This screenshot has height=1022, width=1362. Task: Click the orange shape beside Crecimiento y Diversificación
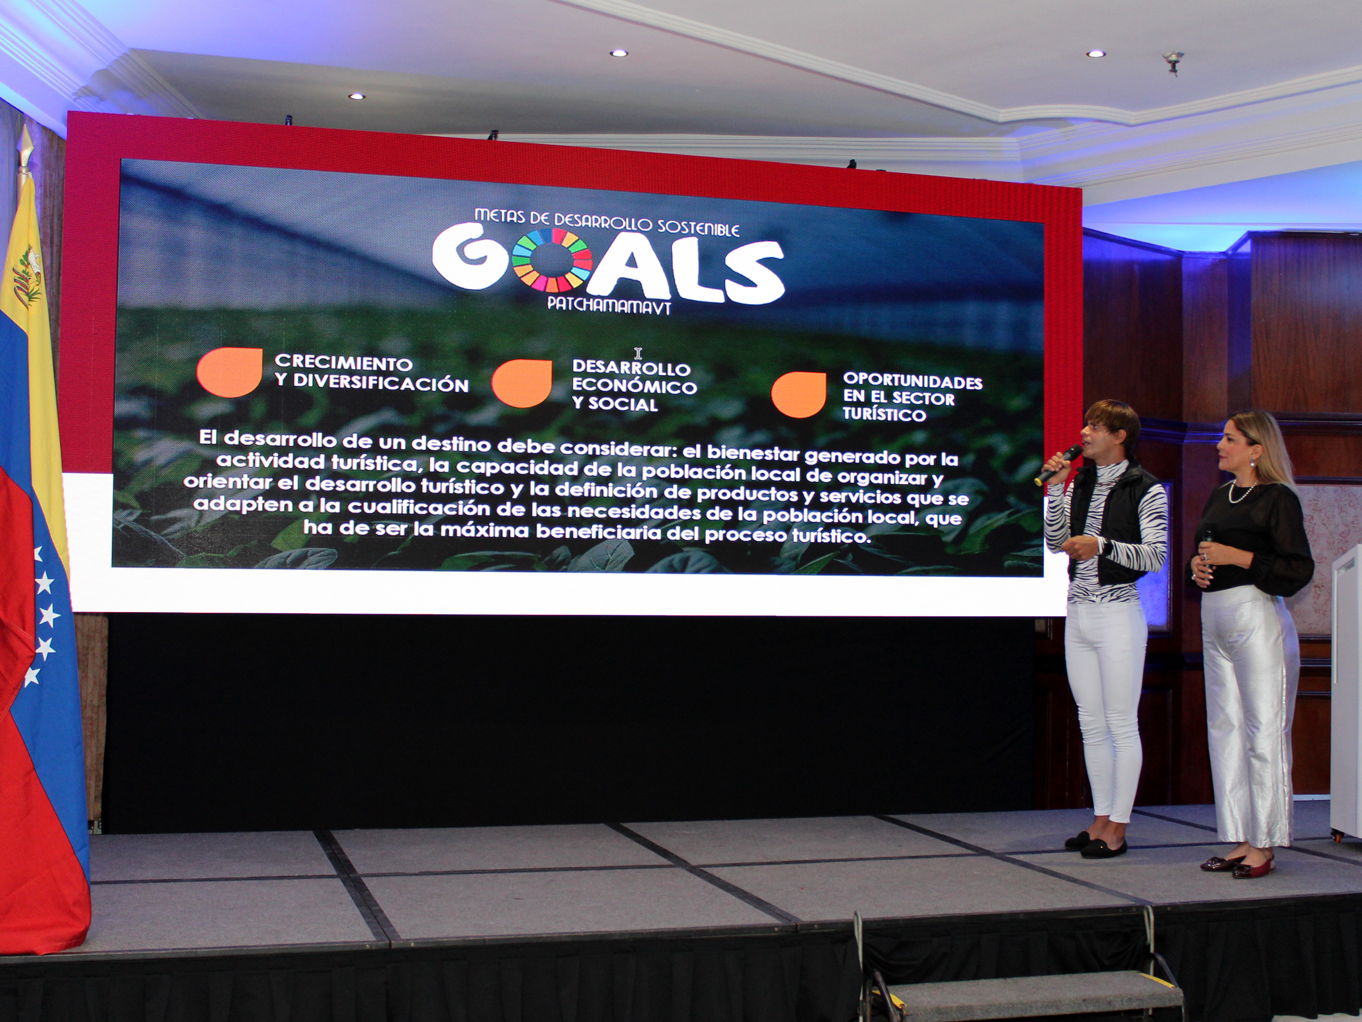[x=229, y=372]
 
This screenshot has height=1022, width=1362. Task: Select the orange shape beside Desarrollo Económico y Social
[x=522, y=383]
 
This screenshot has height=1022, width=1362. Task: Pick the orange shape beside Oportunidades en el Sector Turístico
[x=798, y=394]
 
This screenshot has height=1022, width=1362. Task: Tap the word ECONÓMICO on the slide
[x=634, y=386]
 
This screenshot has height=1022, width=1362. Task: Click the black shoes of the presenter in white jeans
[x=1096, y=844]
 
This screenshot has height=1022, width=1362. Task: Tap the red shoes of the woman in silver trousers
[x=1237, y=864]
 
